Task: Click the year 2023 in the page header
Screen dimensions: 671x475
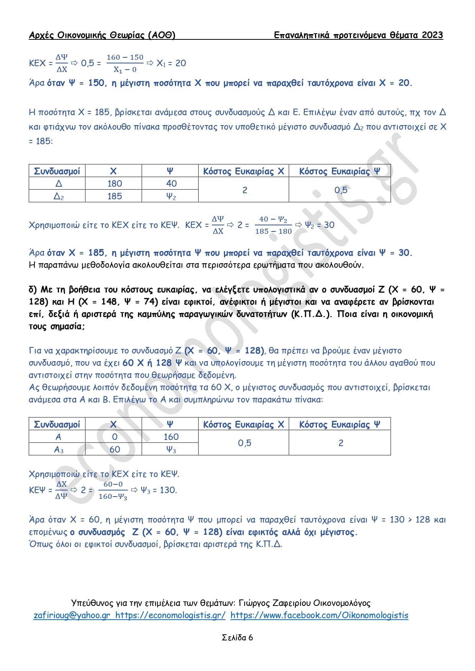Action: coord(432,35)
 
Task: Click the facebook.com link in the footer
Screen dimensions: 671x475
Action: coord(319,615)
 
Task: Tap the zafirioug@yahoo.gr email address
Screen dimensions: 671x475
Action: coord(72,615)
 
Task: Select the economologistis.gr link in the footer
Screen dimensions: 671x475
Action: coord(170,615)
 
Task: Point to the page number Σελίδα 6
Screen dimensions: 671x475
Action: coord(237,637)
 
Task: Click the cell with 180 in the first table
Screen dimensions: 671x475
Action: coord(114,184)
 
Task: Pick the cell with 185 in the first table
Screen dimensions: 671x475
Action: coord(114,196)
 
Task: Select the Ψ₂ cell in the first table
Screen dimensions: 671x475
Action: coord(171,197)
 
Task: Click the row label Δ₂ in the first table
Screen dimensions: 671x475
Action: coord(59,197)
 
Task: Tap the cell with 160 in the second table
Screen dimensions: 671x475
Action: coord(171,437)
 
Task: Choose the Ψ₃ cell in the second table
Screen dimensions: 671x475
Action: coord(171,450)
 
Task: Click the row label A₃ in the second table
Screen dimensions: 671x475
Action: coord(59,450)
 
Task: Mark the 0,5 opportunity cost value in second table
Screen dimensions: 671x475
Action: coord(245,443)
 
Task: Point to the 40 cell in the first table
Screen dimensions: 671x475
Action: coord(171,184)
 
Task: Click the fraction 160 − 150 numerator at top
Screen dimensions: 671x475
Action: coord(125,57)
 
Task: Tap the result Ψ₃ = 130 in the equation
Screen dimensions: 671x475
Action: coord(158,490)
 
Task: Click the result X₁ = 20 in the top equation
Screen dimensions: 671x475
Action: coord(171,63)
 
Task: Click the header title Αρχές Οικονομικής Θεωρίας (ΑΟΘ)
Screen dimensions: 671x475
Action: coord(102,35)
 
